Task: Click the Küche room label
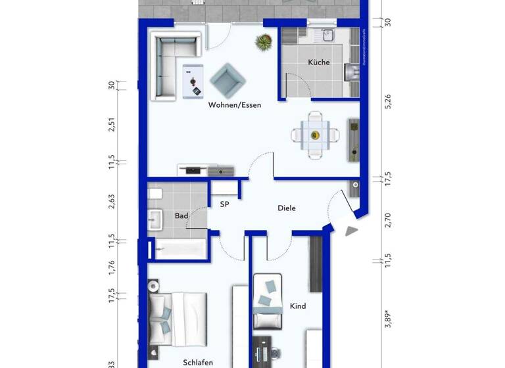(319, 63)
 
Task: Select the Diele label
(286, 208)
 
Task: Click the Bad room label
(181, 216)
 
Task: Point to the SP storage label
(224, 204)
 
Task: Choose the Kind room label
(298, 306)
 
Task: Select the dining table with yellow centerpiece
(315, 135)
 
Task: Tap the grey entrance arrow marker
(352, 231)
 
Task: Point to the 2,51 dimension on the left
(112, 124)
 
